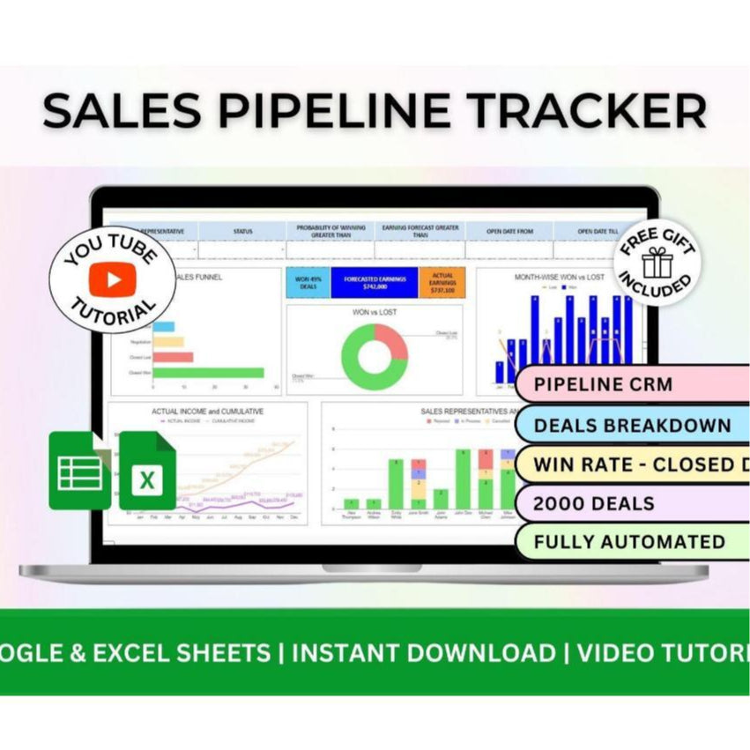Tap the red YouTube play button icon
pos(112,279)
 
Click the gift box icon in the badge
pos(657,263)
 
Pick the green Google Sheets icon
pos(80,471)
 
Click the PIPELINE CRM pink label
pos(603,385)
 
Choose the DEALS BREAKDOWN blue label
pos(632,425)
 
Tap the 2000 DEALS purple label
pos(594,504)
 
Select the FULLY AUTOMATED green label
pos(629,542)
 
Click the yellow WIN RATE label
pos(632,464)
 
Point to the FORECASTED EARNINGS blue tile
pos(375,283)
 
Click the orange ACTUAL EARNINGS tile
pos(442,283)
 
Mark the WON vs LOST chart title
pos(375,311)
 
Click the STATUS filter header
pos(242,231)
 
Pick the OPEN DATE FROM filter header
pos(509,231)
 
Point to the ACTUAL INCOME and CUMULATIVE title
pos(207,411)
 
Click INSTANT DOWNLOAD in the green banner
pos(423,653)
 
